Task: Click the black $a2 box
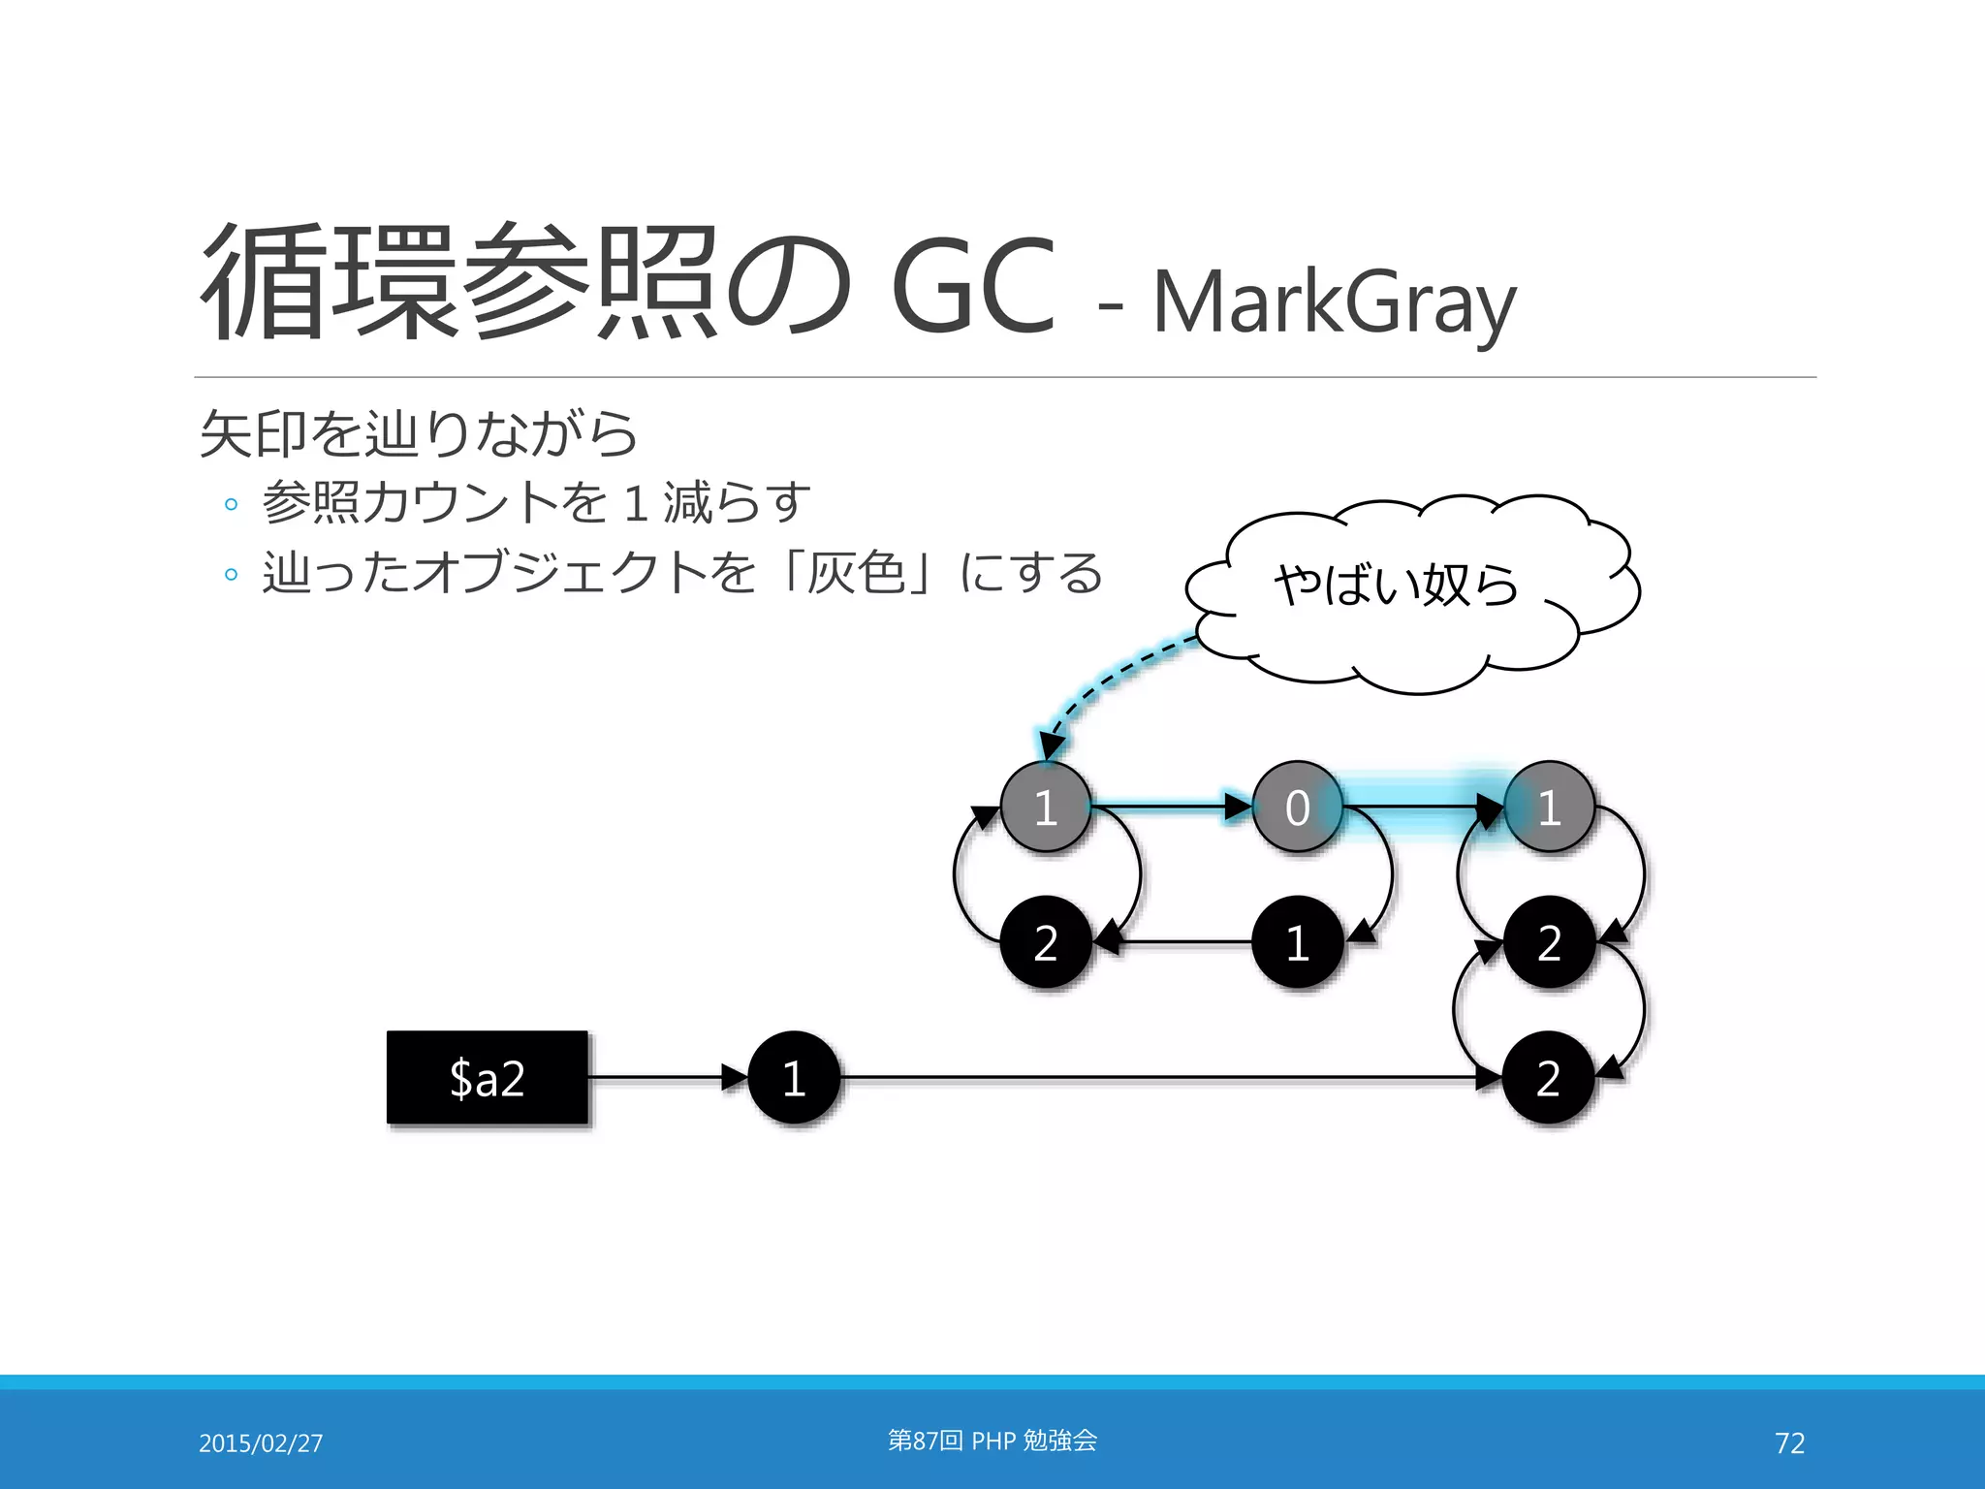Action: click(488, 1077)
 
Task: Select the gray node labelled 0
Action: click(1297, 807)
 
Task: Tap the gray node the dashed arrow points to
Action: click(1045, 807)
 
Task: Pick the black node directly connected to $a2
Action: click(794, 1077)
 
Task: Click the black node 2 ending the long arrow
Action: click(1548, 1077)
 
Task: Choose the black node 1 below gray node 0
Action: click(1297, 941)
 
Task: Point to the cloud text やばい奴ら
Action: click(1396, 585)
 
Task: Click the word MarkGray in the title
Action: click(1334, 302)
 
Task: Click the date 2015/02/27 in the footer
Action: click(261, 1442)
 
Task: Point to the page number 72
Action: click(1789, 1442)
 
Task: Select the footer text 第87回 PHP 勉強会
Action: click(992, 1441)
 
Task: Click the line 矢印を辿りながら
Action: click(418, 433)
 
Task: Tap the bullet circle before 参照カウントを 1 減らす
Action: click(231, 504)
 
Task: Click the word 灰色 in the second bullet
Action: click(856, 572)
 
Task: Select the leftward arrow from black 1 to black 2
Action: click(1178, 941)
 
